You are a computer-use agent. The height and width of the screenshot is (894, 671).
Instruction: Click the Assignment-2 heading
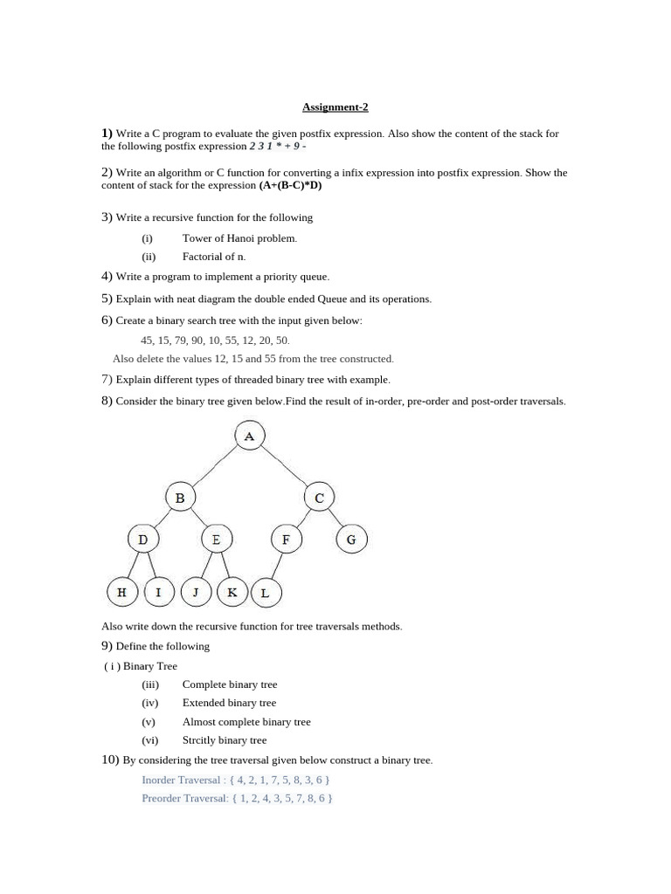[x=335, y=107]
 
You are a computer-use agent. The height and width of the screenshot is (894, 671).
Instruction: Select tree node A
[x=250, y=436]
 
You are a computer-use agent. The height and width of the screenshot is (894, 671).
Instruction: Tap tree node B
[x=180, y=498]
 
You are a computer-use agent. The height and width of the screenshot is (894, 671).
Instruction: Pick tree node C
[x=319, y=498]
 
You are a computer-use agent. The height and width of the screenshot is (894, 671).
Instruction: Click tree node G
[x=351, y=540]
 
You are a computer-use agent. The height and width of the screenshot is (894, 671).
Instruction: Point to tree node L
[x=266, y=593]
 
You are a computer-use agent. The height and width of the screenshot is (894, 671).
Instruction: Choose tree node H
[x=121, y=592]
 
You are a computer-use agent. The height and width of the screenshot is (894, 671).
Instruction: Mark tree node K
[x=232, y=592]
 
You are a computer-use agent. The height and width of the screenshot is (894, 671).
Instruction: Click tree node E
[x=216, y=540]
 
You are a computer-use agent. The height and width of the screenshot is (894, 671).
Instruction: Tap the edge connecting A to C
[x=285, y=467]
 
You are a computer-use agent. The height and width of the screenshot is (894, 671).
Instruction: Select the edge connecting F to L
[x=276, y=567]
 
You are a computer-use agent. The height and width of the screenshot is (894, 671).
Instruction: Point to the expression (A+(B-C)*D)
[x=291, y=186]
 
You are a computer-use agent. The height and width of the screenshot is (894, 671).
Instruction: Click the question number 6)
[x=107, y=320]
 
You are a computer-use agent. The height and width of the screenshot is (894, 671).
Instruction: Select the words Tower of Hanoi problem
[x=239, y=238]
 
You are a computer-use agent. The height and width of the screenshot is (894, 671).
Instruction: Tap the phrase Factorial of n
[x=214, y=257]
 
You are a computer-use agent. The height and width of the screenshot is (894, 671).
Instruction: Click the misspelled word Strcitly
[x=200, y=740]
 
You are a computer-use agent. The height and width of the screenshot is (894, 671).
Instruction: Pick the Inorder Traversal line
[x=235, y=780]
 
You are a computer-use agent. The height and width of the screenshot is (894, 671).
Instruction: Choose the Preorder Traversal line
[x=237, y=798]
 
